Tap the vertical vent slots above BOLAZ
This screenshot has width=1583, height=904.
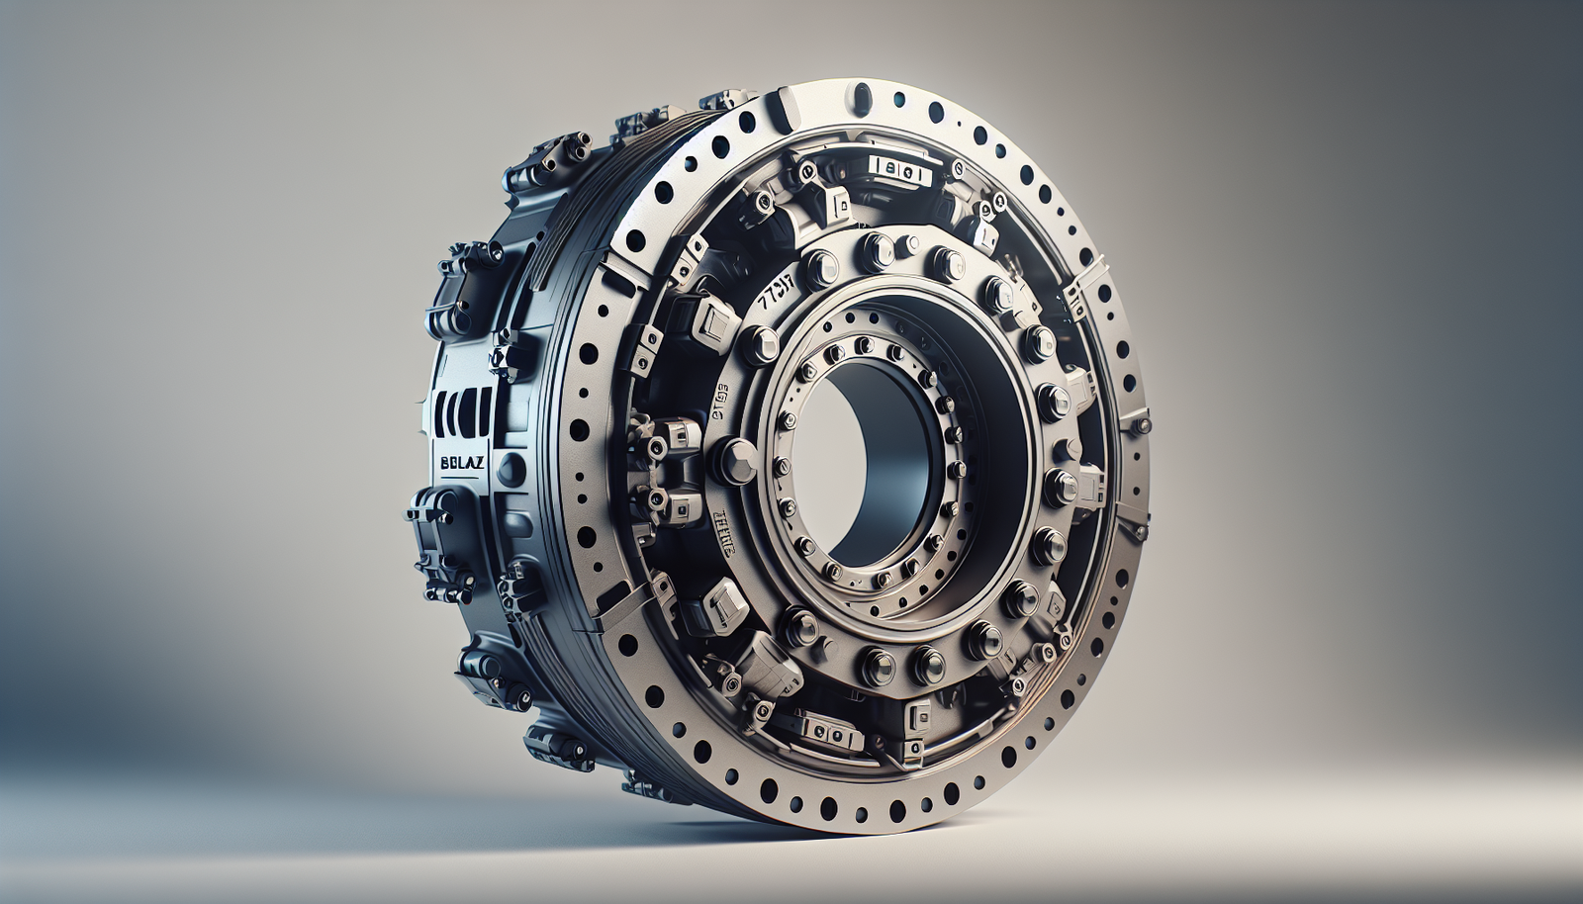pos(460,411)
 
